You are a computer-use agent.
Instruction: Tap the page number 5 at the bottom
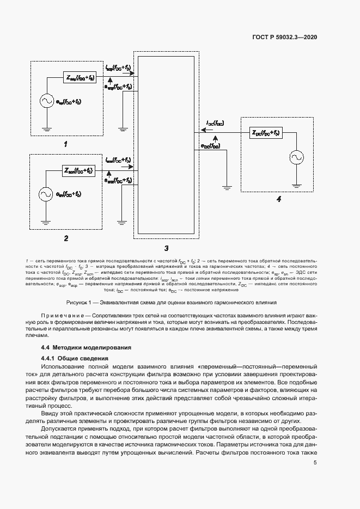pos(315,463)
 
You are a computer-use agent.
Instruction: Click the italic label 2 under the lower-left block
pos(65,238)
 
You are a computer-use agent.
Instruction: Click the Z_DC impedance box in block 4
pos(266,133)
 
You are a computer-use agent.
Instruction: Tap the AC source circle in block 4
pos(297,158)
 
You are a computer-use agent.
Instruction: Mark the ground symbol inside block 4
pos(297,184)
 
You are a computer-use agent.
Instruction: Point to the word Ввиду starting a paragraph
pos(51,415)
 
